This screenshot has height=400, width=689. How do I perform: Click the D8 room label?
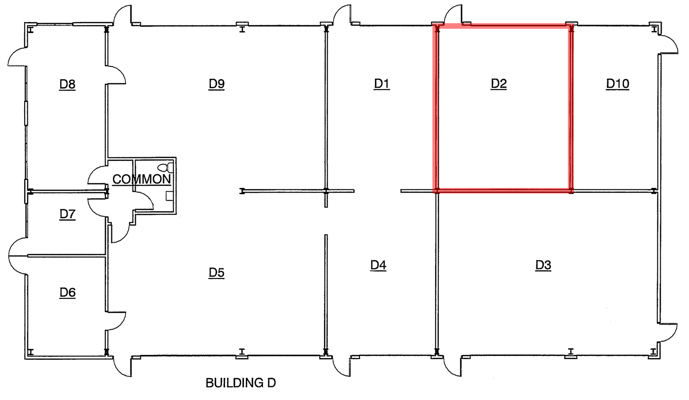click(67, 84)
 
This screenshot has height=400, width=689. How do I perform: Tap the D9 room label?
click(217, 84)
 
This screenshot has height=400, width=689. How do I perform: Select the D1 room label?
click(381, 84)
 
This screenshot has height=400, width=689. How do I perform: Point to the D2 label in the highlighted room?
click(499, 84)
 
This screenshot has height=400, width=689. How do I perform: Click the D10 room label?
click(618, 84)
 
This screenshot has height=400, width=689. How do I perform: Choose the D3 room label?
click(543, 265)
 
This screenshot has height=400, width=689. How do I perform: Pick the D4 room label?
click(378, 265)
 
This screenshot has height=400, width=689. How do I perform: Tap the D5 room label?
click(217, 272)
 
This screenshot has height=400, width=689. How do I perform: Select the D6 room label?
click(67, 292)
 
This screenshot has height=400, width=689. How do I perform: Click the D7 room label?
click(67, 214)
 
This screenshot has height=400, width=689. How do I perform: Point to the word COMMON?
click(142, 179)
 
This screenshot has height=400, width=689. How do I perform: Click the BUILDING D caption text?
click(240, 383)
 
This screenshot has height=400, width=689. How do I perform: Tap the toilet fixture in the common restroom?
click(164, 167)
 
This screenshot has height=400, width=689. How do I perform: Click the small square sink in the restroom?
click(169, 196)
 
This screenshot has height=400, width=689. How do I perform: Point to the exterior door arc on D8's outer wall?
click(17, 58)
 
